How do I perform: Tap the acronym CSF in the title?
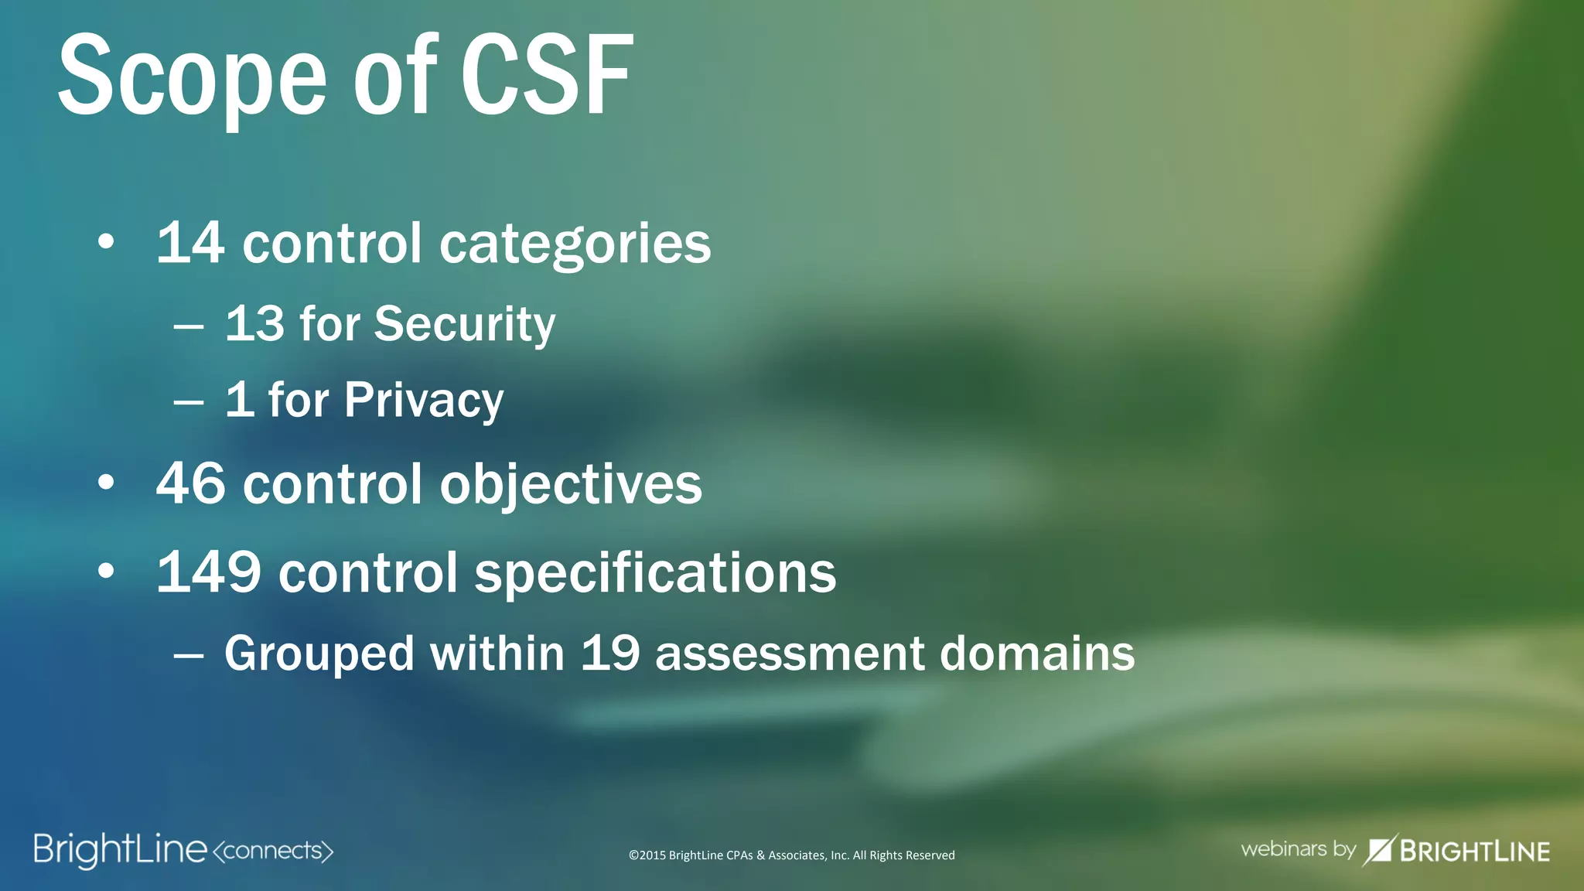click(546, 76)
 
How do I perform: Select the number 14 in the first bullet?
click(191, 243)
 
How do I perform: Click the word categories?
click(575, 244)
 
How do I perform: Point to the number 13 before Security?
click(254, 323)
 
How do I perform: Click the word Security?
click(464, 325)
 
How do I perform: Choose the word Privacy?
click(424, 401)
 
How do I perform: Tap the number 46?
click(191, 484)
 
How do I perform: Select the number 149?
click(208, 573)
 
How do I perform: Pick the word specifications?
click(654, 575)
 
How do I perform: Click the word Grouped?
click(319, 654)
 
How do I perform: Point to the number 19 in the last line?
click(610, 654)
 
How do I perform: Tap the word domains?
click(1036, 654)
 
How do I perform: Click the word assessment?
click(789, 655)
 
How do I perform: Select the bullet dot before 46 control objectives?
click(106, 483)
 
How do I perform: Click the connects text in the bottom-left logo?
click(272, 851)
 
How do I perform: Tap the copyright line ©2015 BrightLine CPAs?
click(791, 855)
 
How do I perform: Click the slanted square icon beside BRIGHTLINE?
click(1379, 850)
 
